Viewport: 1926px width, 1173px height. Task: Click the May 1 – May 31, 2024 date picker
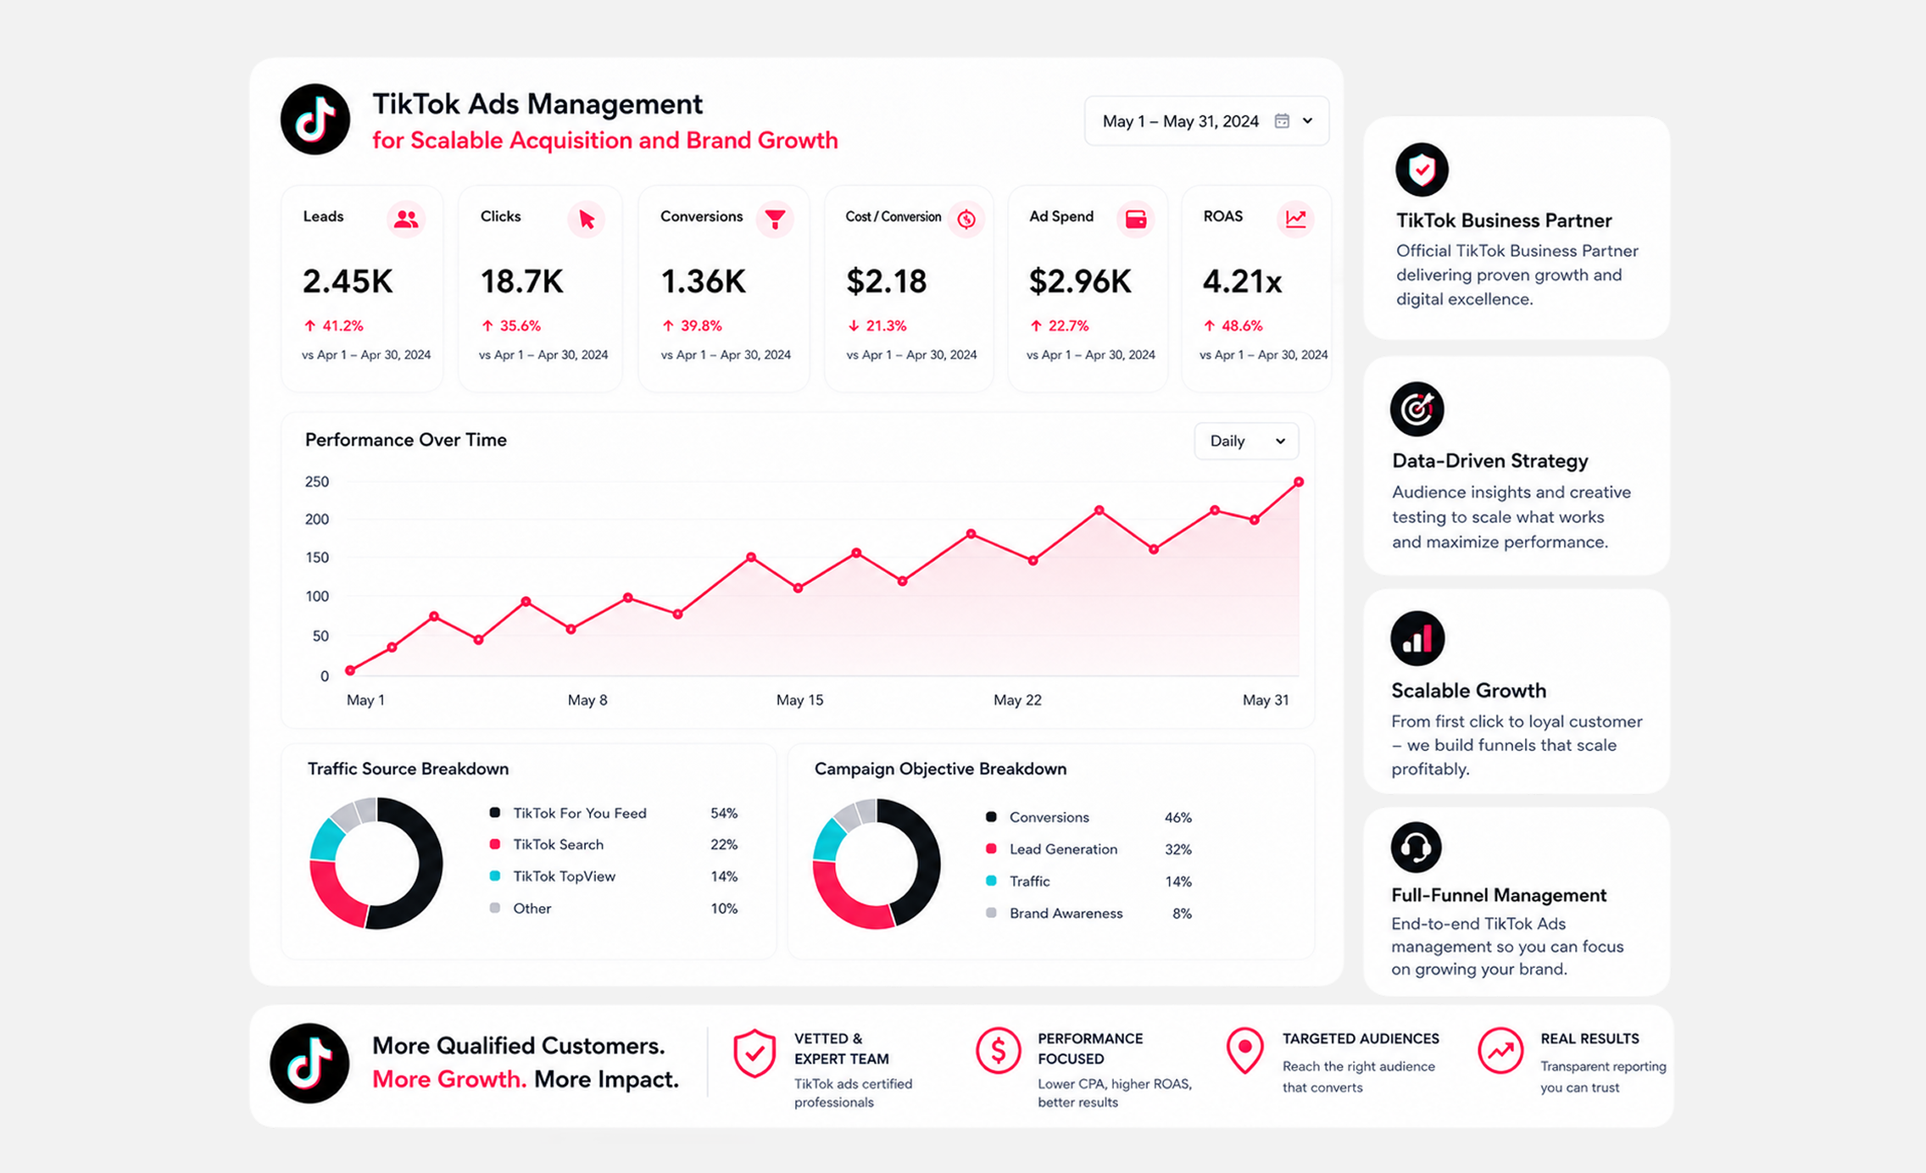click(x=1206, y=121)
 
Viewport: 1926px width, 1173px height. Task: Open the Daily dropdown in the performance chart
click(x=1246, y=441)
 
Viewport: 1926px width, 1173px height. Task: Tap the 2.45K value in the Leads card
click(x=348, y=281)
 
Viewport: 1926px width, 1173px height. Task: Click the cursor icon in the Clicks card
click(x=586, y=220)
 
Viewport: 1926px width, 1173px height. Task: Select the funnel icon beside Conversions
click(x=775, y=219)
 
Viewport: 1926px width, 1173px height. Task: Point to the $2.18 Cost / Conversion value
click(x=887, y=281)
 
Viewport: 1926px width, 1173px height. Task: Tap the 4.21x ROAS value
click(x=1242, y=281)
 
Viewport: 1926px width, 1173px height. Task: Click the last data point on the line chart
click(x=1298, y=482)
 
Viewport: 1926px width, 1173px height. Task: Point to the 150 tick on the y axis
click(x=317, y=558)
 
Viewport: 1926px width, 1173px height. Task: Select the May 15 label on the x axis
click(x=799, y=700)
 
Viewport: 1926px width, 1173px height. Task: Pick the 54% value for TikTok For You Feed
click(x=724, y=813)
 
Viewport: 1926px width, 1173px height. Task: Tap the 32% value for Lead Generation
click(x=1177, y=849)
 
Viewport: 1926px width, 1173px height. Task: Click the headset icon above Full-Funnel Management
click(x=1416, y=847)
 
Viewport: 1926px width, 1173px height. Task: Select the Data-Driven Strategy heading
click(x=1489, y=461)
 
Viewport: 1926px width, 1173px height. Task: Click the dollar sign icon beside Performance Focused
click(x=998, y=1051)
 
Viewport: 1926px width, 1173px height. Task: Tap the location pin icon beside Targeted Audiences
click(x=1244, y=1051)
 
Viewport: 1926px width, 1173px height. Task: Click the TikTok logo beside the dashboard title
click(x=315, y=120)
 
